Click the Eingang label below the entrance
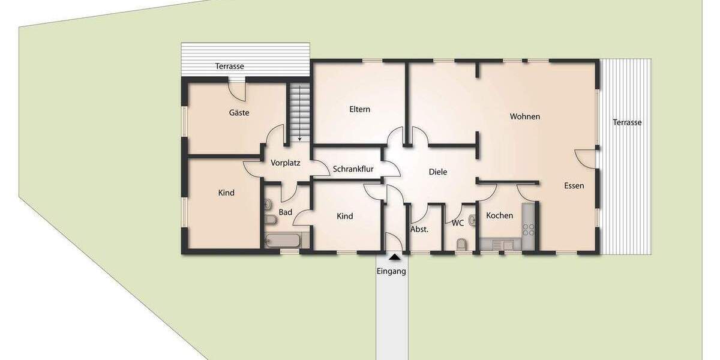coord(391,271)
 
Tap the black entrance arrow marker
coord(394,257)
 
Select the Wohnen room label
coord(525,116)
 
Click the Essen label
coord(574,186)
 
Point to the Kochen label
coord(499,215)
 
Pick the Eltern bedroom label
coord(360,109)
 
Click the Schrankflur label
coord(353,169)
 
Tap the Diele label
coord(438,172)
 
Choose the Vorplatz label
coord(285,163)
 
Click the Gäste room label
coord(239,113)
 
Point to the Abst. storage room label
coord(419,229)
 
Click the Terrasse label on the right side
coord(627,122)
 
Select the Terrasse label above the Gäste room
coord(230,67)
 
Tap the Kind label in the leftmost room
coord(226,193)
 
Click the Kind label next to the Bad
coord(344,216)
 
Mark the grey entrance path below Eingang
coord(392,318)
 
